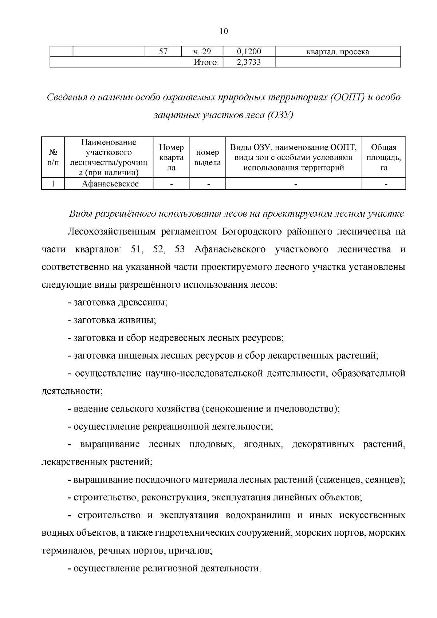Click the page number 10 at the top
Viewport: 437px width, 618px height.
[224, 31]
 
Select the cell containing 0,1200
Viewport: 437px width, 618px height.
[249, 52]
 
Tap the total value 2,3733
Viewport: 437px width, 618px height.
[249, 62]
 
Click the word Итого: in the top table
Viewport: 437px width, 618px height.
[206, 62]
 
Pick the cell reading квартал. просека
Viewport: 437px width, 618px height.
[338, 52]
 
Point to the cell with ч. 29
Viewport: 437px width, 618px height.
[202, 52]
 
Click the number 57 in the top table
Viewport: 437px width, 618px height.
[163, 52]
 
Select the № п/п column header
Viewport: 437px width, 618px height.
[53, 157]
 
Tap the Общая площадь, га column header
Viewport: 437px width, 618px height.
[383, 157]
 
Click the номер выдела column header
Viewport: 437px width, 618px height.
[207, 157]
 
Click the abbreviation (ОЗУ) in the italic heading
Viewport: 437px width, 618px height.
[280, 115]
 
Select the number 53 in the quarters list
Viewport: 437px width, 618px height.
[180, 249]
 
